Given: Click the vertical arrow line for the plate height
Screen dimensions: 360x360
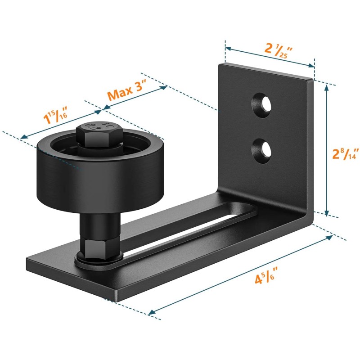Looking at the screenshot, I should [x=327, y=148].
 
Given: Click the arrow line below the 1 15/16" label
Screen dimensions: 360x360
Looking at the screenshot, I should [x=61, y=123].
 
